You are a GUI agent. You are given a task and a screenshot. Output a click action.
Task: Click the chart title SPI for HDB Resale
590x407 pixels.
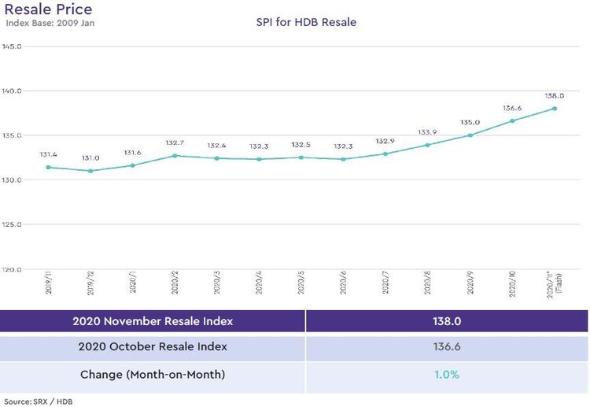306,22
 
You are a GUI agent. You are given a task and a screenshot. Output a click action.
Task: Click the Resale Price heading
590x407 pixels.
48,9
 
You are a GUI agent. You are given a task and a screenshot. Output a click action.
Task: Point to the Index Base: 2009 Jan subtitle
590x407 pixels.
50,23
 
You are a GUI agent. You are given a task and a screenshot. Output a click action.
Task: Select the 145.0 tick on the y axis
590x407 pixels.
11,46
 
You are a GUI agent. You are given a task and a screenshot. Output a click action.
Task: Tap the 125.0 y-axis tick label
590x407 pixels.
11,224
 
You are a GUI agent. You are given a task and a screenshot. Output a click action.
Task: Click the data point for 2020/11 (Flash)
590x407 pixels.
555,109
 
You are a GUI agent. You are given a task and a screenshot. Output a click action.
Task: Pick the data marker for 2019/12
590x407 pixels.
90,171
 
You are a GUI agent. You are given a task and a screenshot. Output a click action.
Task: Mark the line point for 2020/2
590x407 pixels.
175,156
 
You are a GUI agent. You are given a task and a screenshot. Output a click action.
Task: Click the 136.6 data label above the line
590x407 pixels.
512,109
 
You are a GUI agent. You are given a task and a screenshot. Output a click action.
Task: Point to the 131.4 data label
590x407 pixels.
49,155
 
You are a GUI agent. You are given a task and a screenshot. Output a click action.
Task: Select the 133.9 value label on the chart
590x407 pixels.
428,132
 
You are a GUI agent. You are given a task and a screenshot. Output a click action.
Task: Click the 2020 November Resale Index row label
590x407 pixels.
152,321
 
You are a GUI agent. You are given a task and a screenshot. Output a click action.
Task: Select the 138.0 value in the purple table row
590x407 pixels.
445,321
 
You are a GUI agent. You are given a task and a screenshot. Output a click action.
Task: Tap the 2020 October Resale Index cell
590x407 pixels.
152,347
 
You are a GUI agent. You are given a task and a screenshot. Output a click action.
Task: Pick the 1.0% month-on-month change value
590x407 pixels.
445,375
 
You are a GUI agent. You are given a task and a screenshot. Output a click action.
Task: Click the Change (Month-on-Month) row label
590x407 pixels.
152,375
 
